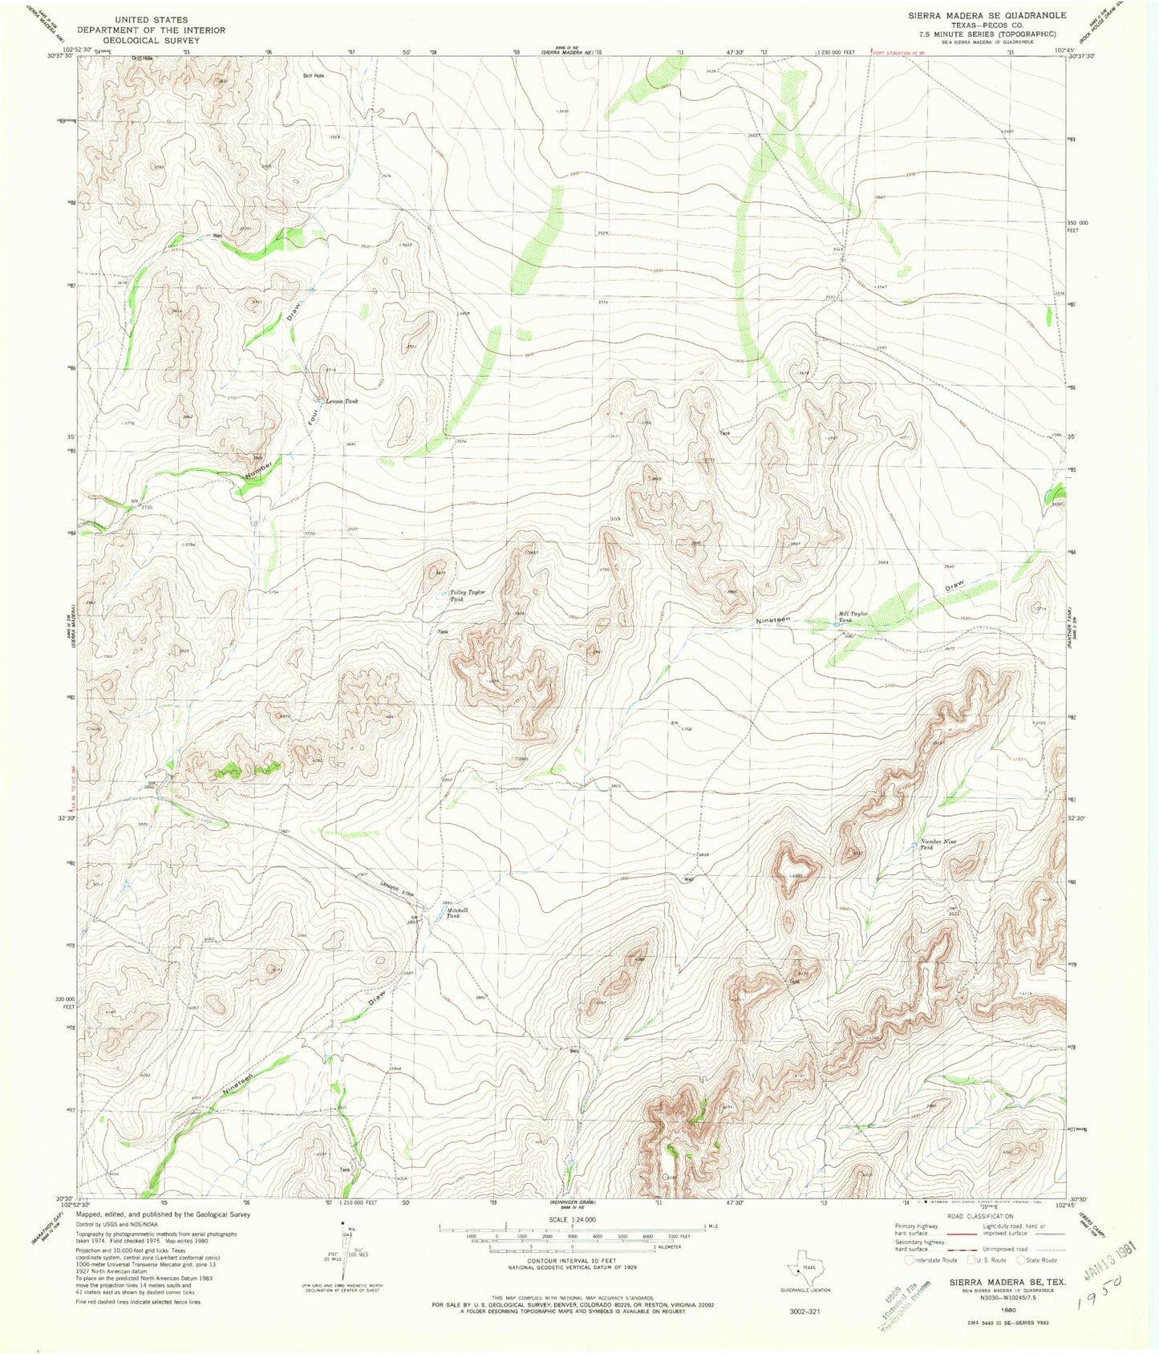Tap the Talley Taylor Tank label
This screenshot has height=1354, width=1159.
click(x=467, y=595)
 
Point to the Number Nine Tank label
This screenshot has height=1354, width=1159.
click(x=938, y=844)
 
